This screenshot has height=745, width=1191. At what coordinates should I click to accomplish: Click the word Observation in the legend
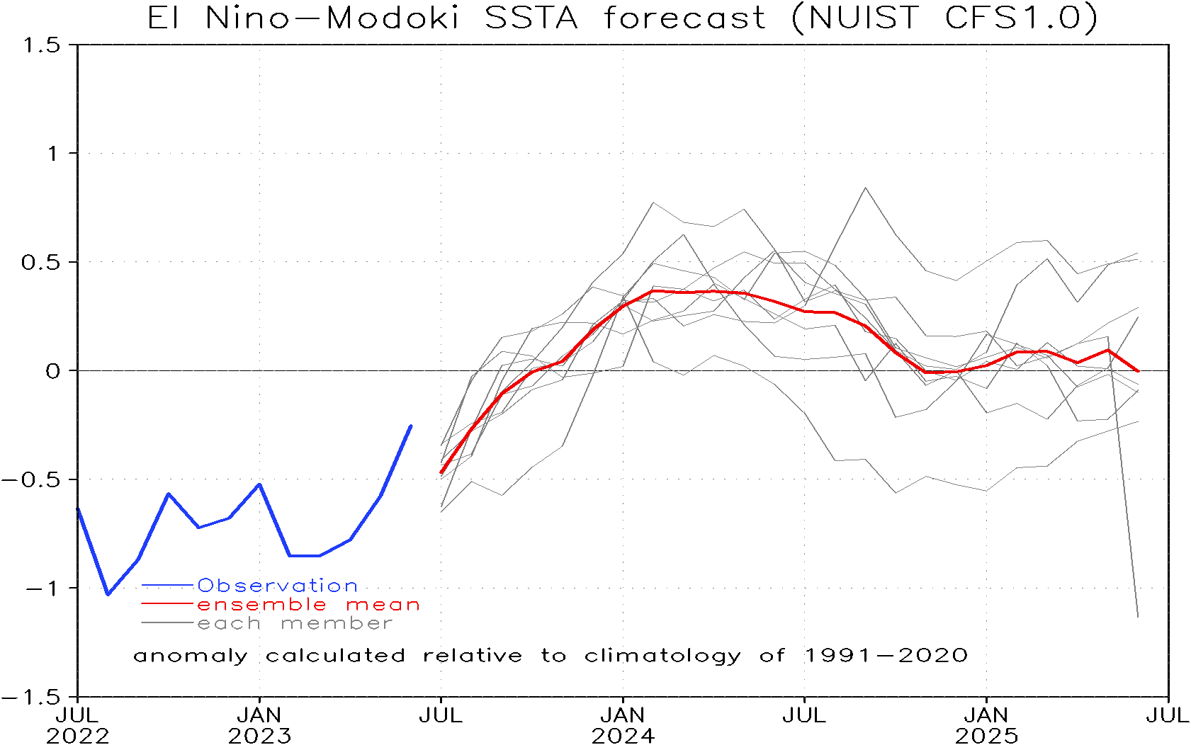(x=277, y=586)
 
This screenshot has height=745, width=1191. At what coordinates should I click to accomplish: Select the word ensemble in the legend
(x=261, y=605)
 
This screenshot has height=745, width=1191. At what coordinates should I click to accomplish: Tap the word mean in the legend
(x=383, y=605)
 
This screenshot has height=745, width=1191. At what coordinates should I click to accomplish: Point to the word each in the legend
(x=229, y=624)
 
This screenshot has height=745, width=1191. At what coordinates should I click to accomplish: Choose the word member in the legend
(x=337, y=624)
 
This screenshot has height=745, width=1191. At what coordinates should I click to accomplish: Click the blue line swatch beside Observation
(x=167, y=586)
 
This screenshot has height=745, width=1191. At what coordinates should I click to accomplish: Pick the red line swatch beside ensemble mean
(x=167, y=604)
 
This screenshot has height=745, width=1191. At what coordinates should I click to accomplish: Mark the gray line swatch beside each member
(x=167, y=623)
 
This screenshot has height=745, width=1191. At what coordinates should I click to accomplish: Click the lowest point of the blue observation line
(x=108, y=594)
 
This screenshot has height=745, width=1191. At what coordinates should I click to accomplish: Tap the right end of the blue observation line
(x=411, y=426)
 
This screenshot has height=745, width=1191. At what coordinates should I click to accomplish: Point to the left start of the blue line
(x=78, y=508)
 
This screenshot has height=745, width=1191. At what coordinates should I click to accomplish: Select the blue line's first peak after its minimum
(x=168, y=494)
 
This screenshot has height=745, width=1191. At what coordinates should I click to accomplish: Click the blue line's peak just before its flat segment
(x=259, y=484)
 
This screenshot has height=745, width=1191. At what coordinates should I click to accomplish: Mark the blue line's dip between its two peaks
(x=198, y=527)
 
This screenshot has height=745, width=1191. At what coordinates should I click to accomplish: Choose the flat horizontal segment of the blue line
(x=305, y=556)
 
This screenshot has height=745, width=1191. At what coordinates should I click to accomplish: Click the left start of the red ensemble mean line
(x=441, y=473)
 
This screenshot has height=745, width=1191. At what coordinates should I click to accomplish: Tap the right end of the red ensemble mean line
(x=1138, y=371)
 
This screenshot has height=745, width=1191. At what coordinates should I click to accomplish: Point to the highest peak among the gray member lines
(x=865, y=188)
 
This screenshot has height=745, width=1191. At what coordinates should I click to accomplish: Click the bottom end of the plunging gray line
(x=1138, y=617)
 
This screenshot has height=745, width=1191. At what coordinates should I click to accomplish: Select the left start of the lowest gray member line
(x=441, y=508)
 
